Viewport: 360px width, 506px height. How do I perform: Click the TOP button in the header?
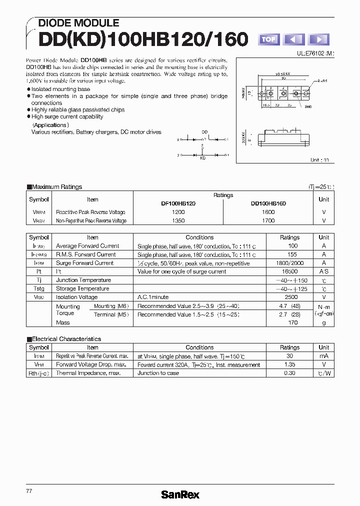pyautogui.click(x=268, y=39)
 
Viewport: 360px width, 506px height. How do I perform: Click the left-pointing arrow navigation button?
pyautogui.click(x=294, y=39)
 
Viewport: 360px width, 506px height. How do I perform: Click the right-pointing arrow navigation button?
pyautogui.click(x=318, y=39)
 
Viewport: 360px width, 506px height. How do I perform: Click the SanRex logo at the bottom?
pyautogui.click(x=180, y=494)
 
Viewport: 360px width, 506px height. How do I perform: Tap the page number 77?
pyautogui.click(x=29, y=491)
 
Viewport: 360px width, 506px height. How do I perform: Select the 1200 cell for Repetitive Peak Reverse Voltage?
pyautogui.click(x=178, y=212)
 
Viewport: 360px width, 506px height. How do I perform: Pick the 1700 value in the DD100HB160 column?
pyautogui.click(x=268, y=220)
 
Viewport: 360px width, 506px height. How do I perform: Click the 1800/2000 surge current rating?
pyautogui.click(x=289, y=263)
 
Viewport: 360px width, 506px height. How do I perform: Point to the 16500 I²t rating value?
pyautogui.click(x=289, y=271)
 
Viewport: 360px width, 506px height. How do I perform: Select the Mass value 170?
pyautogui.click(x=293, y=322)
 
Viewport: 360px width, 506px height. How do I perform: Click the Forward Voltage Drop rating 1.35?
pyautogui.click(x=289, y=364)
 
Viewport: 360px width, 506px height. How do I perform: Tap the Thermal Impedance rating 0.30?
pyautogui.click(x=289, y=373)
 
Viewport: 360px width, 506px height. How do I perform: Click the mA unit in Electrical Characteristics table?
pyautogui.click(x=324, y=356)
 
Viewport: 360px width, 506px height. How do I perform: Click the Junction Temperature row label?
pyautogui.click(x=83, y=280)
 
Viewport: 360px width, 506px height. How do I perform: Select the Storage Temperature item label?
pyautogui.click(x=82, y=288)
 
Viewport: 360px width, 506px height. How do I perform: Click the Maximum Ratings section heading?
pyautogui.click(x=56, y=187)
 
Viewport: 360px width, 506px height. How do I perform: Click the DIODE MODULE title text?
pyautogui.click(x=78, y=23)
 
